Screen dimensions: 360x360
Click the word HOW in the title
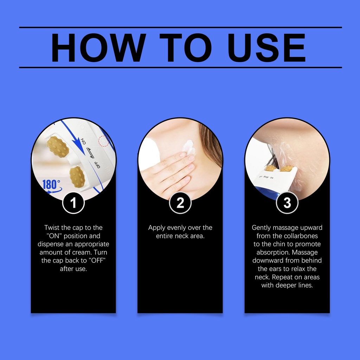pos(98,48)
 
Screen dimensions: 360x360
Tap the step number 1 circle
pos(73,203)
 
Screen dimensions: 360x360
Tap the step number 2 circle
pos(180,203)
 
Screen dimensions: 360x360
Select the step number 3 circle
pos(287,203)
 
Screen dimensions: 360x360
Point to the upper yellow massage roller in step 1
pos(58,147)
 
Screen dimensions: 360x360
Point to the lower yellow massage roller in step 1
pos(77,177)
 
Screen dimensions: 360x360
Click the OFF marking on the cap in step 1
pos(97,165)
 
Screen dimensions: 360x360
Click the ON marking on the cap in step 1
pos(83,141)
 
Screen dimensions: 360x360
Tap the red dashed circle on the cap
pos(104,141)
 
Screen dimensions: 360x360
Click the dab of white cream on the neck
pos(189,147)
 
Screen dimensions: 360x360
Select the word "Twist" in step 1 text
pos(52,227)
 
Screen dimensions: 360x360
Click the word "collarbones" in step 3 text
pos(301,236)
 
